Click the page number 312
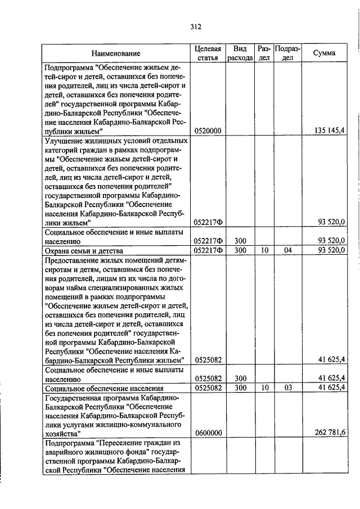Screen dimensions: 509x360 click(x=196, y=26)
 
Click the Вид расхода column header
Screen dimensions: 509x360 click(x=240, y=53)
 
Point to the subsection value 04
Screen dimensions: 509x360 click(x=287, y=250)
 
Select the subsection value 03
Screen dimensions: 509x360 click(x=287, y=388)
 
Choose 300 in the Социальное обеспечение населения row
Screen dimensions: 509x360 click(x=240, y=388)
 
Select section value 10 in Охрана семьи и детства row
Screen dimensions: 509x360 click(x=264, y=250)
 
